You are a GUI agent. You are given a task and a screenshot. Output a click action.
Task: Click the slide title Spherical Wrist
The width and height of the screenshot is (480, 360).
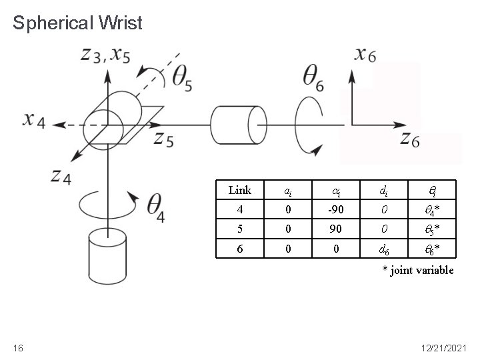pyautogui.click(x=77, y=24)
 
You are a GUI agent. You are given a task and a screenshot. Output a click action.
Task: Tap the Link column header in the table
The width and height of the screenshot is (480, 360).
pyautogui.click(x=239, y=190)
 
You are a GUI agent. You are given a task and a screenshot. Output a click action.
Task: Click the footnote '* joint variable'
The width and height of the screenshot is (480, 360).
pyautogui.click(x=417, y=270)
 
